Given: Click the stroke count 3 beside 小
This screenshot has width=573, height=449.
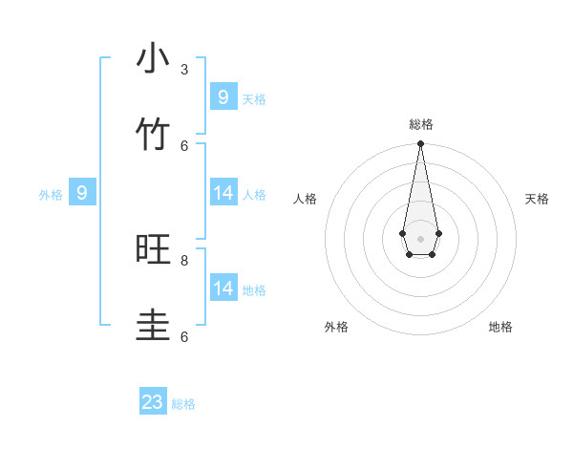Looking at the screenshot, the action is pos(184,69).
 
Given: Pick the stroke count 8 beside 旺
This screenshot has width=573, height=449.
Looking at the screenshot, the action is pos(184,260).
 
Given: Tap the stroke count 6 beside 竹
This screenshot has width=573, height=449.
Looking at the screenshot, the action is pos(184,145).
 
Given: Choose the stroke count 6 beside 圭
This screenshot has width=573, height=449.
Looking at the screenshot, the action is pos(184,336).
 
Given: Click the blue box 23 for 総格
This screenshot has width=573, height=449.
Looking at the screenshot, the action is pos(153,402).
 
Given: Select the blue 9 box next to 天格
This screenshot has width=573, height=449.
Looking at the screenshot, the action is pos(223,97).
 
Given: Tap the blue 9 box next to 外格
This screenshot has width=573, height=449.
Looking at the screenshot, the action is pos(82,193).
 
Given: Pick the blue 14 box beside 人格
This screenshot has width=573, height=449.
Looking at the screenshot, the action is pos(223,193).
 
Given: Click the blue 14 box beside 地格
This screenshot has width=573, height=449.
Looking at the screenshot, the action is pos(223,289).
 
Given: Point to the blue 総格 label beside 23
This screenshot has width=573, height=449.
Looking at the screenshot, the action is pos(183,404).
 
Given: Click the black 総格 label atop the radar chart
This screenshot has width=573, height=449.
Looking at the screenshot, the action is pos(420,124).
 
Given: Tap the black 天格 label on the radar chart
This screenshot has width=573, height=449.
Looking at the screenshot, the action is pos(537,199).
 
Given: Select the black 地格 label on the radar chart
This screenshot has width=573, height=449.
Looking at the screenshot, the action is pos(500,327).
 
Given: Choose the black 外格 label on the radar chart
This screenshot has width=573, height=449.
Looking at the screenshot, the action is pos(336,327).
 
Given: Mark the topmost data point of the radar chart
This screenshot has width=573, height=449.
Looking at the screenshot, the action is pos(420,144).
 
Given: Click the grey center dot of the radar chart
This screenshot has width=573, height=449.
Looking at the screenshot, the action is pos(420,238).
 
